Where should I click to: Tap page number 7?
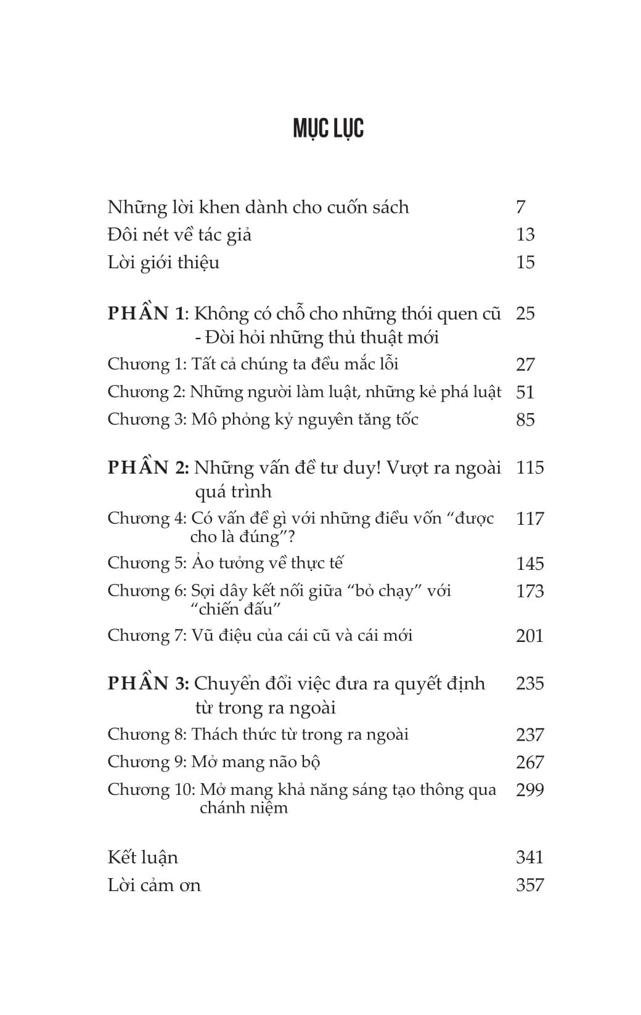pos(521,207)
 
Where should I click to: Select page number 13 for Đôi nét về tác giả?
pos(525,235)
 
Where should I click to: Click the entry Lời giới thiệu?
pos(163,263)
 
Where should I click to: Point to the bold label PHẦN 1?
pos(146,313)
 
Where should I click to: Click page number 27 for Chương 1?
pos(525,364)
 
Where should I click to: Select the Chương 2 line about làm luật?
pos(304,392)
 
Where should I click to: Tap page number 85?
pos(525,420)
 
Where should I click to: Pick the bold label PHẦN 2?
pos(148,467)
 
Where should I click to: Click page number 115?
pos(530,467)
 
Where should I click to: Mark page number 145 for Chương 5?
pos(530,564)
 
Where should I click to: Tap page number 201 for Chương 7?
pos(530,636)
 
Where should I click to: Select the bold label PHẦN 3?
pos(148,683)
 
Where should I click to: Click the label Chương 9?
pos(147,762)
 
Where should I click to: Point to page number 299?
pos(530,790)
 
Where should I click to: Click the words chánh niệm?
pos(243,808)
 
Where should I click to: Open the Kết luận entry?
pos(142,858)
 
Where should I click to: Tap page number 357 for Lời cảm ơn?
pos(530,886)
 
